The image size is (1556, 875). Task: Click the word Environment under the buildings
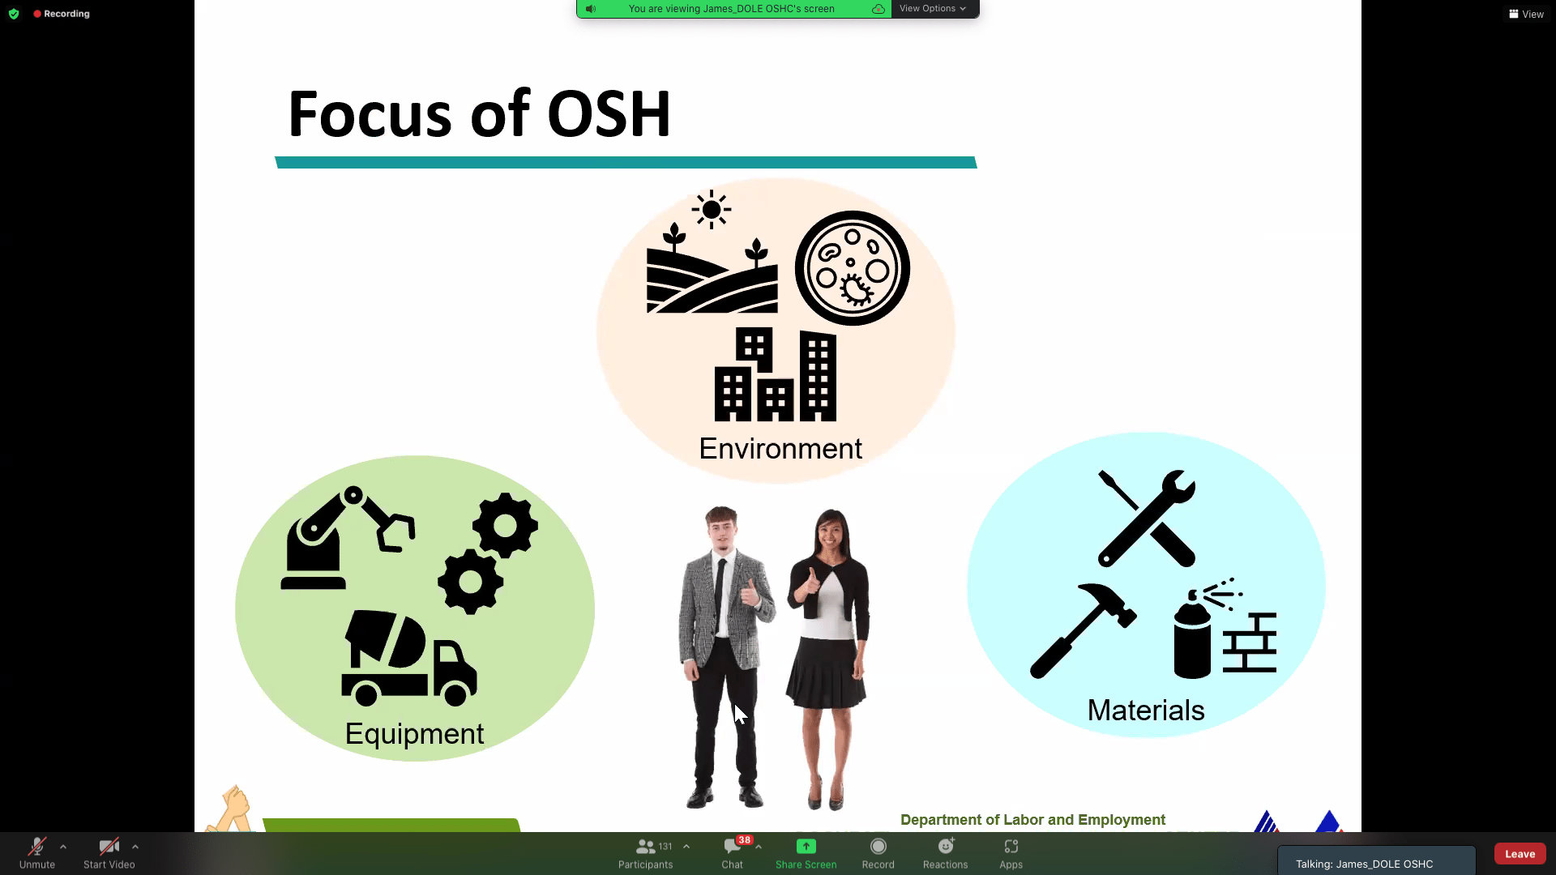pyautogui.click(x=780, y=449)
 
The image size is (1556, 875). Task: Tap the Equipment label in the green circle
pyautogui.click(x=414, y=734)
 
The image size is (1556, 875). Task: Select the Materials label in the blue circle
pyautogui.click(x=1146, y=711)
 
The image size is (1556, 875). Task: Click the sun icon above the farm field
pyautogui.click(x=712, y=210)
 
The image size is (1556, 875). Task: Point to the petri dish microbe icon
pyautogui.click(x=853, y=268)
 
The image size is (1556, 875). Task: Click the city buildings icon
pyautogui.click(x=776, y=374)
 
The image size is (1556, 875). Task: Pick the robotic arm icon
pyautogui.click(x=348, y=538)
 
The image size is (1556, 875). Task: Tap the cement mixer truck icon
pyautogui.click(x=409, y=658)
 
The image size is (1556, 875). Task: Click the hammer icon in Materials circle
pyautogui.click(x=1083, y=630)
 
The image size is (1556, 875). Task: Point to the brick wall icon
pyautogui.click(x=1250, y=643)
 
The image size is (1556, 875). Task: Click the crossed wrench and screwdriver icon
pyautogui.click(x=1147, y=518)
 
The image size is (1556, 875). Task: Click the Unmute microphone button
pyautogui.click(x=37, y=853)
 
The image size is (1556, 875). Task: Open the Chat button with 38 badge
pyautogui.click(x=733, y=853)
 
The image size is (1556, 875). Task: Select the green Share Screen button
pyautogui.click(x=806, y=853)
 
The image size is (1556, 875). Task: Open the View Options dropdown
pyautogui.click(x=933, y=9)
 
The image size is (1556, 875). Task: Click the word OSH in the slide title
pyautogui.click(x=609, y=113)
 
